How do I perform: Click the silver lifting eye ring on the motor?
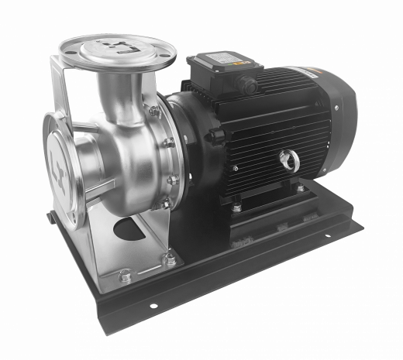[x=290, y=159]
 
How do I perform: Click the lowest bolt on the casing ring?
[x=164, y=203]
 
